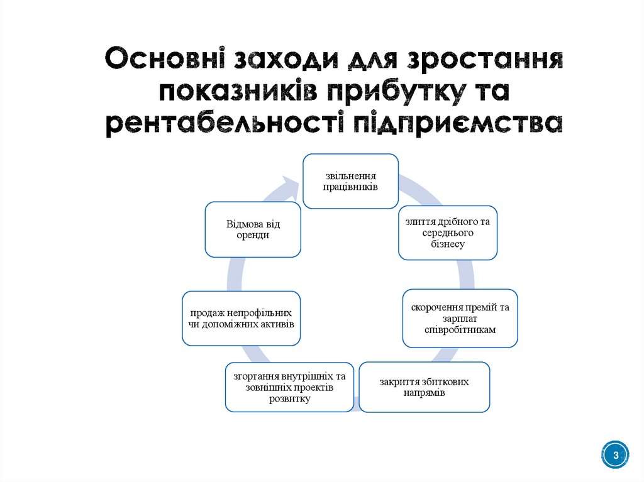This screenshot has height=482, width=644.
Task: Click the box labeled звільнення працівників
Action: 350,180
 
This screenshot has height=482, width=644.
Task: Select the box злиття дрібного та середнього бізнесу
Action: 447,233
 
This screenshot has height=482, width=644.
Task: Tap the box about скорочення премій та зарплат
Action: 460,318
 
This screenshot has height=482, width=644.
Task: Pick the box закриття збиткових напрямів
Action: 424,387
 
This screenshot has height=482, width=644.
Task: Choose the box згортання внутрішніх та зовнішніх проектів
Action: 289,387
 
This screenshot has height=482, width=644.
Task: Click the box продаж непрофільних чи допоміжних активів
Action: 241,318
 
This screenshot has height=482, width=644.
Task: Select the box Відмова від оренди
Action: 253,229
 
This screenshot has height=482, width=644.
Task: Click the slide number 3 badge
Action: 616,455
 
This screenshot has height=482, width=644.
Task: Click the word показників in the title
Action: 238,92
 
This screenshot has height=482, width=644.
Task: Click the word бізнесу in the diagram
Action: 447,244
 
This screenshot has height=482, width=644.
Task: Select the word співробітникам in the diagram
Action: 460,329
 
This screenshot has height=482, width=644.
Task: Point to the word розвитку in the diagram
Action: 289,398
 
